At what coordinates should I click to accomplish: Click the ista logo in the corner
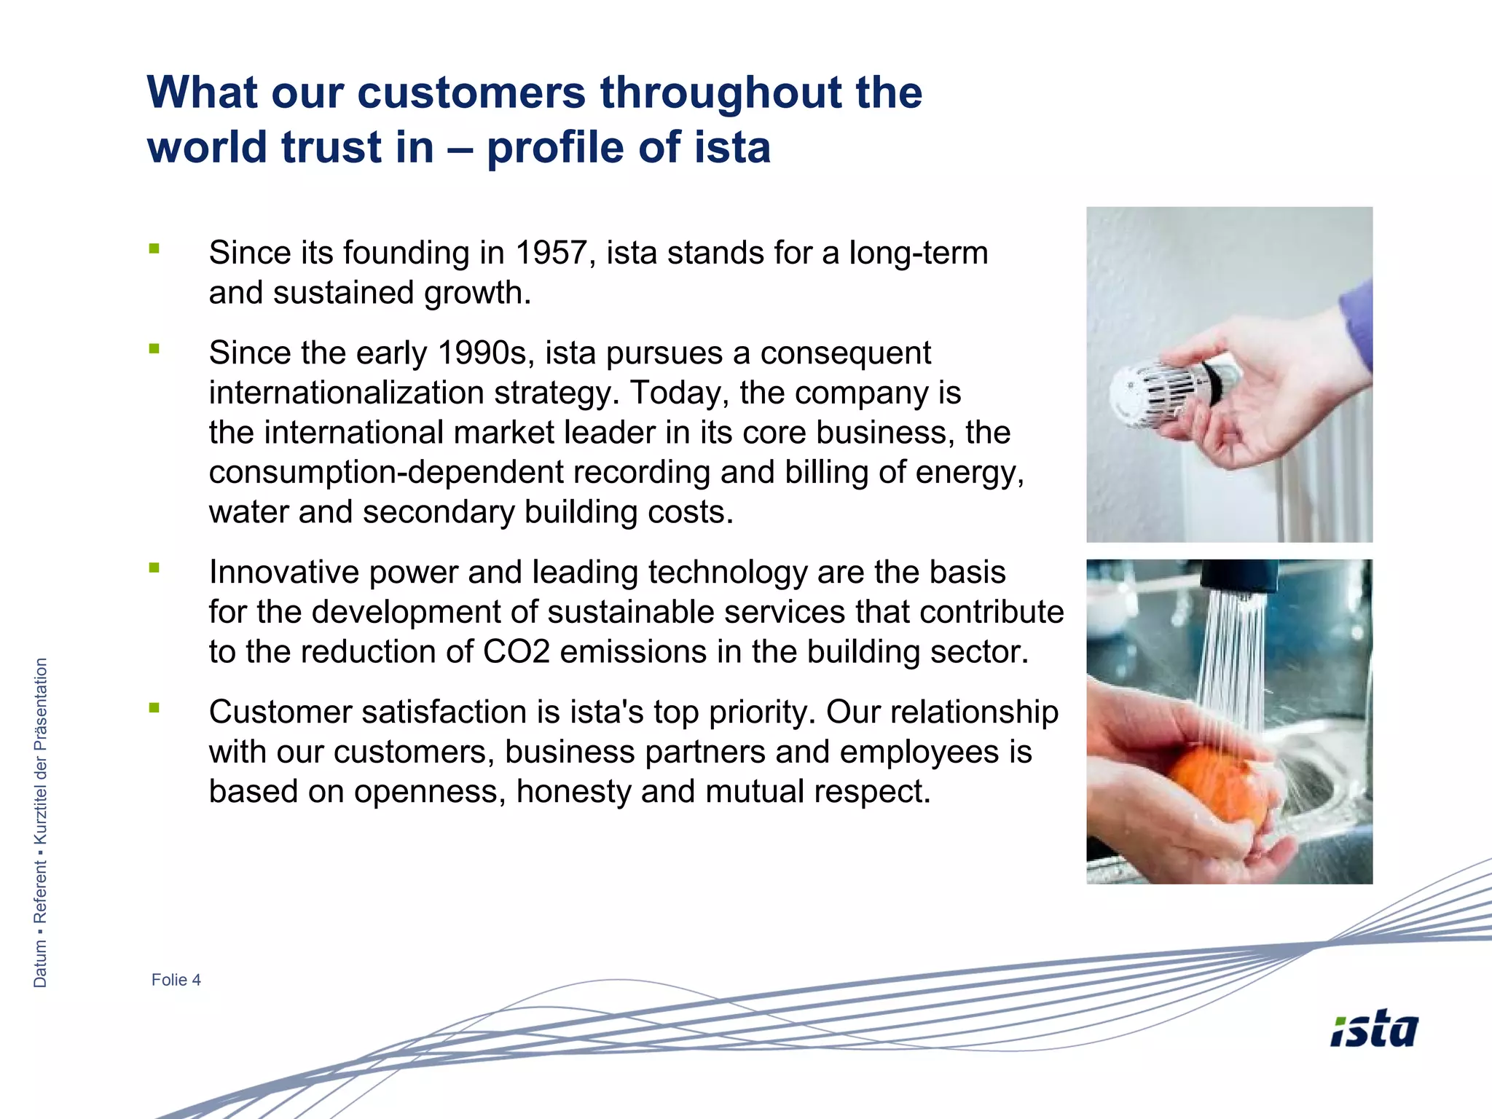[1374, 1029]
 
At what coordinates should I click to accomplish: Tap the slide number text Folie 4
[176, 980]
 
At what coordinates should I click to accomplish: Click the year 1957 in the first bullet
[551, 254]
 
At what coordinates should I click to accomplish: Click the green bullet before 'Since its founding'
[154, 249]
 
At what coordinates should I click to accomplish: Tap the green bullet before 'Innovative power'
[154, 568]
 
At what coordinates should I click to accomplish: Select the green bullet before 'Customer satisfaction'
[154, 707]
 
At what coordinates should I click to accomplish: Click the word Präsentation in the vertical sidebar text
[41, 704]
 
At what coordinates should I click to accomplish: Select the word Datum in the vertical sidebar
[41, 963]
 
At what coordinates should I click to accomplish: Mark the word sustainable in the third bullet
[623, 613]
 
